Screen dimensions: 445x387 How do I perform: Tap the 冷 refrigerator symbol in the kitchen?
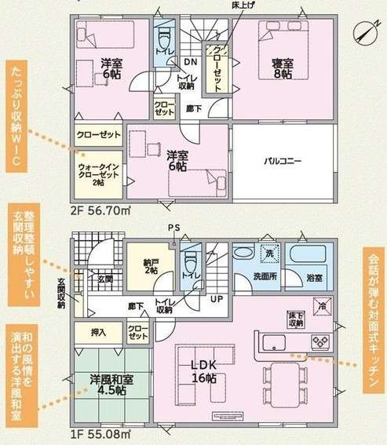(x=322, y=306)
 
